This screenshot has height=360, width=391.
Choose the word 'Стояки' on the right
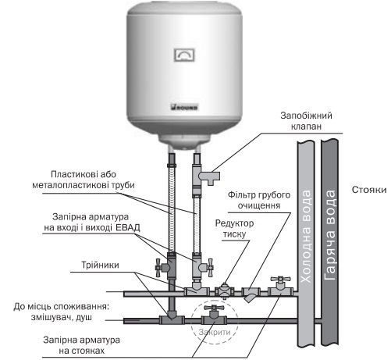368,189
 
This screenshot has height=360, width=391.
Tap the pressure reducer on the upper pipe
226,290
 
